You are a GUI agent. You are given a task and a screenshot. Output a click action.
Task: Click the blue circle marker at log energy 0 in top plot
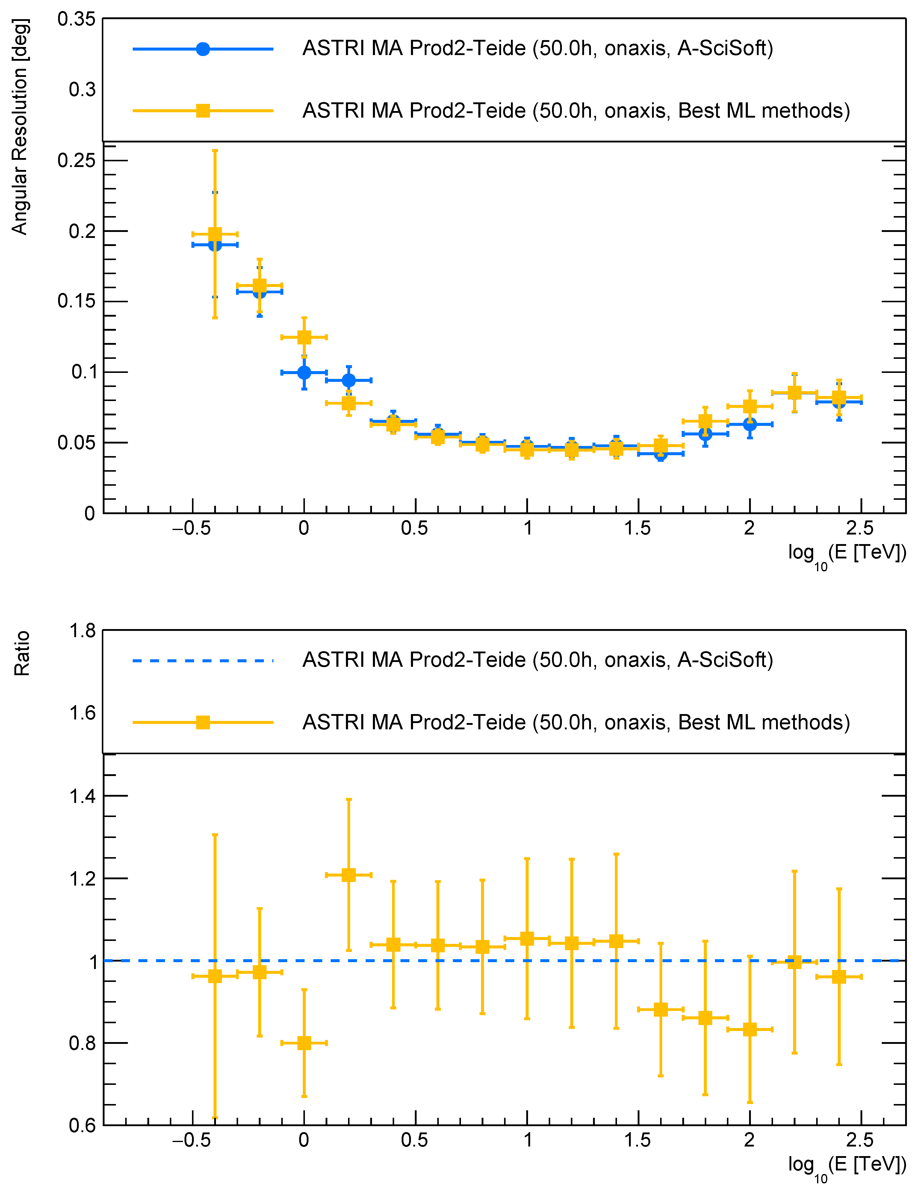(304, 373)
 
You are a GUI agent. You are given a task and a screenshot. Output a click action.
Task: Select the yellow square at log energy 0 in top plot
(304, 337)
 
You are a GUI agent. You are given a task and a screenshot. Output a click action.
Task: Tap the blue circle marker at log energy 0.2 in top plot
(349, 380)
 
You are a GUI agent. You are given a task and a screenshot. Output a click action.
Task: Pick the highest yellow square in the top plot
(215, 235)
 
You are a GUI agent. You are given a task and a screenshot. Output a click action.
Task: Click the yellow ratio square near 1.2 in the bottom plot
(349, 875)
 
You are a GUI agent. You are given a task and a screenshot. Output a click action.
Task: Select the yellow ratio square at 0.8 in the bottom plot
(304, 1043)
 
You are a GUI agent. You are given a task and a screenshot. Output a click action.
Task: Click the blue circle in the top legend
(202, 49)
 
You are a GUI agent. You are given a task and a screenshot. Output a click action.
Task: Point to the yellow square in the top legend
(202, 111)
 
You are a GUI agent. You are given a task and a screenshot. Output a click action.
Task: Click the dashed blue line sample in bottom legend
(202, 660)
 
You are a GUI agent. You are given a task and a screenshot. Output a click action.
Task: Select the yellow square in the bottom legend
(202, 723)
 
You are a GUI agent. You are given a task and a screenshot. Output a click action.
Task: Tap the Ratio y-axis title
(22, 654)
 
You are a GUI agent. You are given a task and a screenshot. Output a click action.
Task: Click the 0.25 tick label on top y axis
(76, 160)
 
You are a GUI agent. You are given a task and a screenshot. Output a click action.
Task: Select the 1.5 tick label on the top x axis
(637, 529)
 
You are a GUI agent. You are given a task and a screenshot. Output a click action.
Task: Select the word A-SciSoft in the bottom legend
(725, 660)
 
